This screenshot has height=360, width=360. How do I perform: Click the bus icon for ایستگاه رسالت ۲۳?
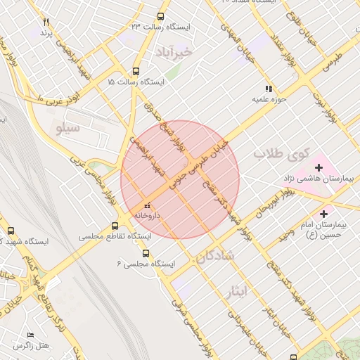point(161,17)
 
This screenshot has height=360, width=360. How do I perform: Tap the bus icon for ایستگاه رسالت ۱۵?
point(136,71)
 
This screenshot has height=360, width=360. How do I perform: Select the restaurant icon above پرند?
point(46,22)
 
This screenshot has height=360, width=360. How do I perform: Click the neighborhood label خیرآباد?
point(173,52)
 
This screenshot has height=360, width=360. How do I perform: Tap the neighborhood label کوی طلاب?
point(276,153)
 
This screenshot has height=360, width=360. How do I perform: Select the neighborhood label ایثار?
point(238,290)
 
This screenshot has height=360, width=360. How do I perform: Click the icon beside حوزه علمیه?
point(268,89)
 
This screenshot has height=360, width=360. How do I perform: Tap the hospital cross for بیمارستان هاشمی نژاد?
point(319,167)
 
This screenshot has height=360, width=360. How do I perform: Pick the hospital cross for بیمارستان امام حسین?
point(324,213)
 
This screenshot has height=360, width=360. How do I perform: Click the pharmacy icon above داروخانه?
point(147,205)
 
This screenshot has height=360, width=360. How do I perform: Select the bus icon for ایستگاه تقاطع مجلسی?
point(115,226)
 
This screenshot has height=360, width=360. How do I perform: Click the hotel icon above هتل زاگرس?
point(30,335)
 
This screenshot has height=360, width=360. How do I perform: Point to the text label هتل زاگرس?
point(32,346)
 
